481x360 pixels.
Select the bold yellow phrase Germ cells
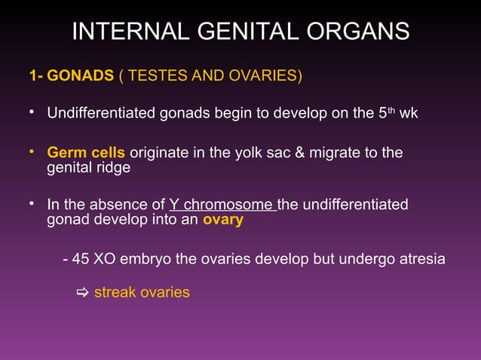pos(87,154)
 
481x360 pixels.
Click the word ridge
pos(111,168)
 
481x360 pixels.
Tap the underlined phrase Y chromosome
pos(223,206)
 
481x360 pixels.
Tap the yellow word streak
pos(116,292)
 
